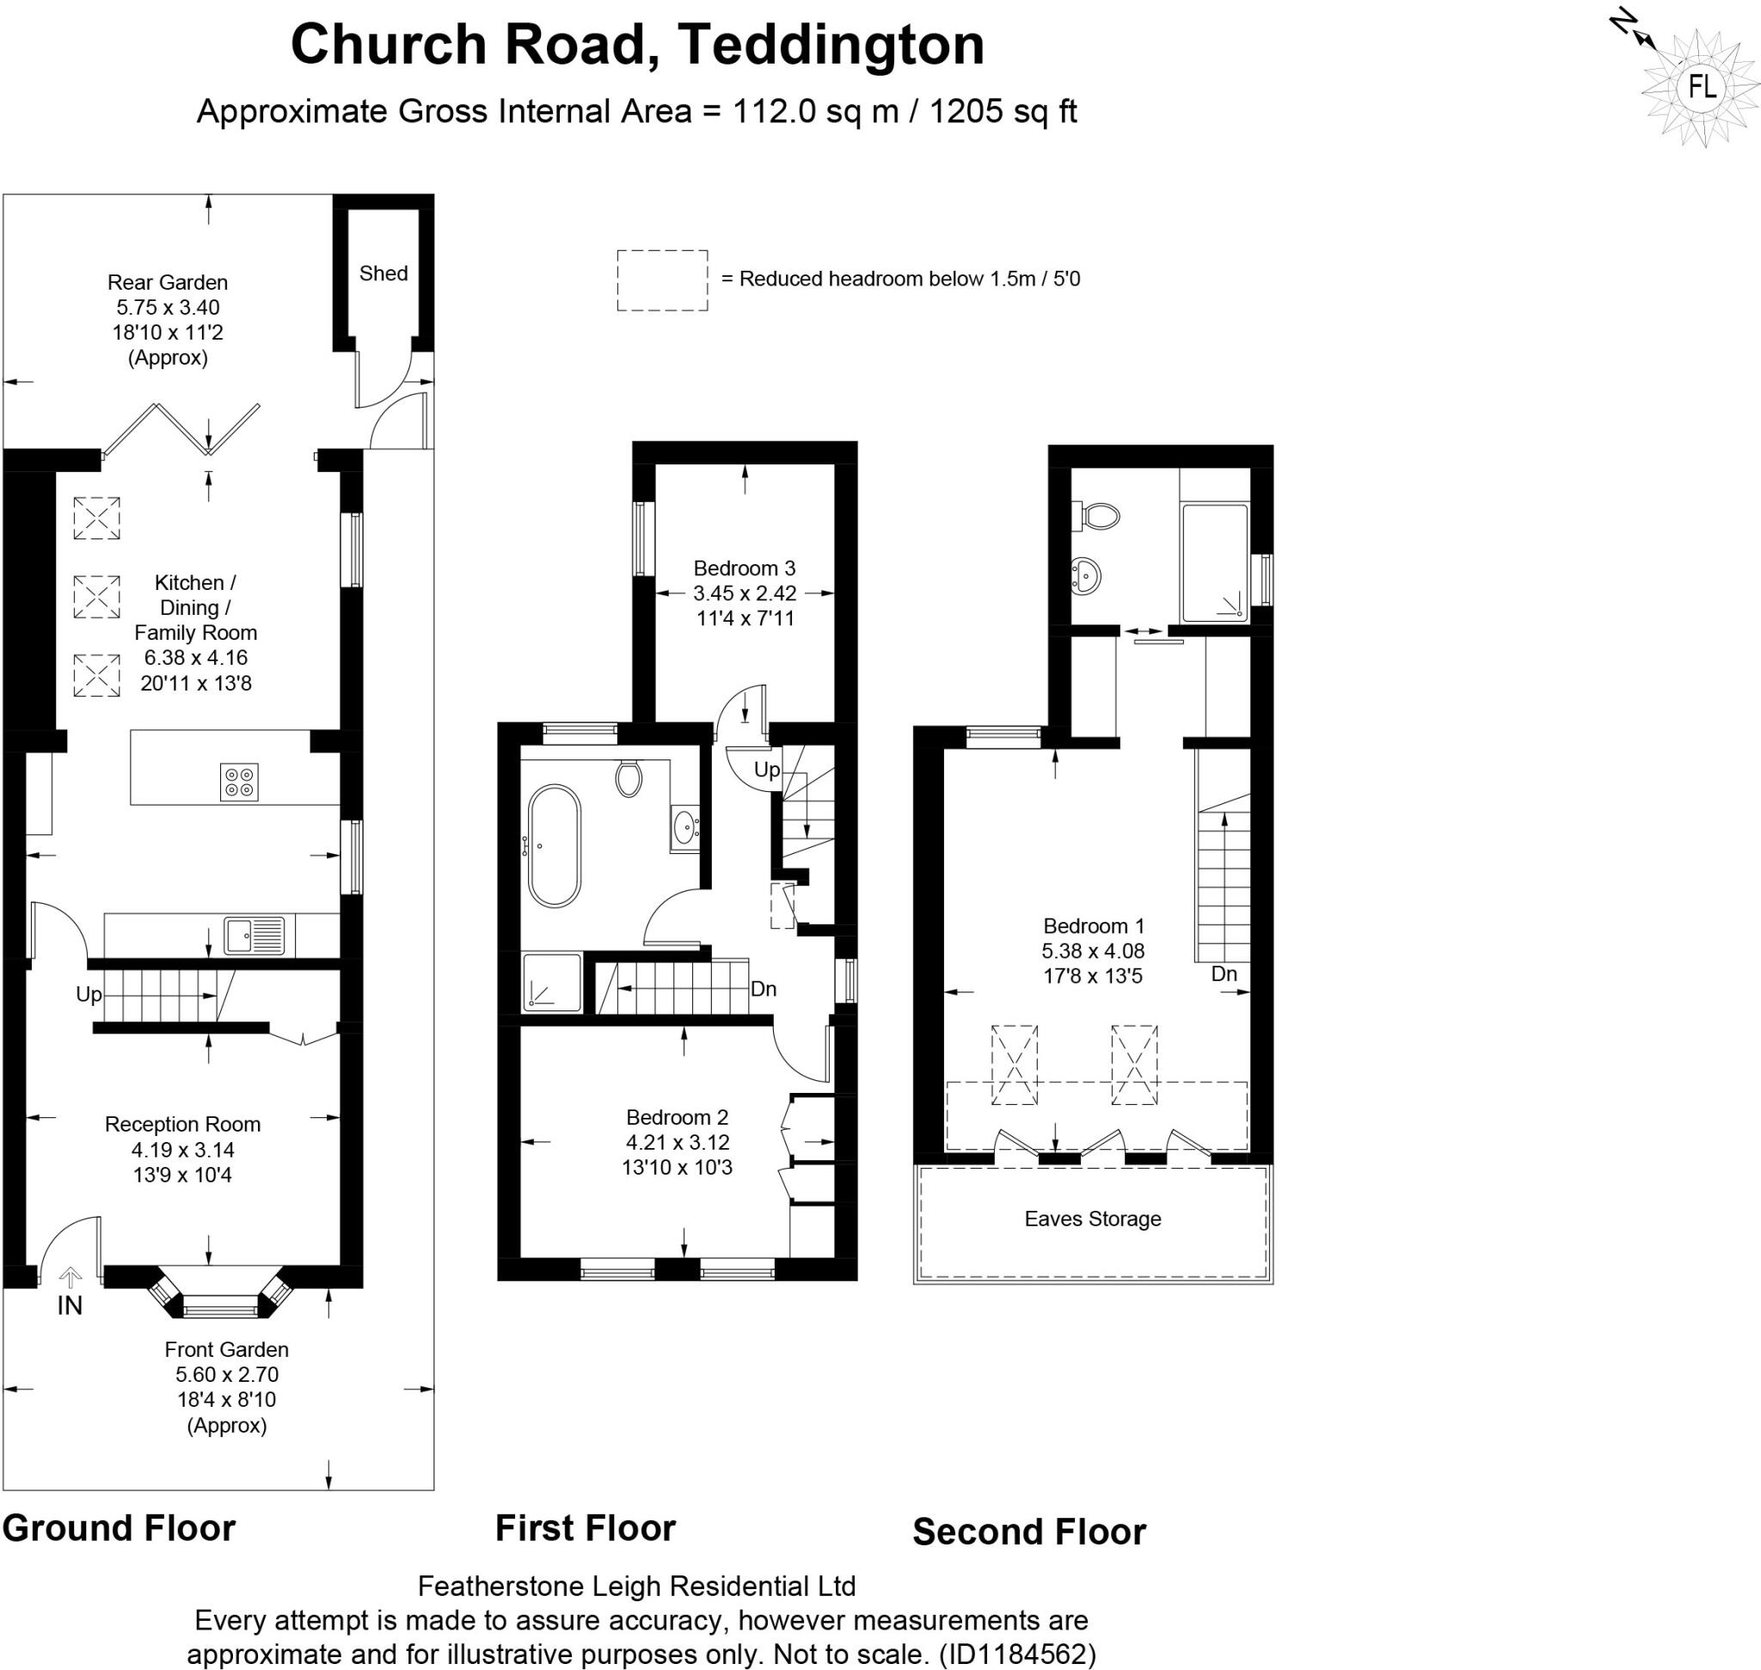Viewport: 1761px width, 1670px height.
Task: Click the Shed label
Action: click(x=383, y=273)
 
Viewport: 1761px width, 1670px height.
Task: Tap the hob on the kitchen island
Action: click(x=238, y=782)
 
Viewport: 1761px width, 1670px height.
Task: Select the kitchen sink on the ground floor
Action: click(x=254, y=936)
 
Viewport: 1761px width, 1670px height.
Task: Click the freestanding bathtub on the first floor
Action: click(x=554, y=845)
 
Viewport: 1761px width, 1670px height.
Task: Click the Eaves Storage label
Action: click(x=1092, y=1219)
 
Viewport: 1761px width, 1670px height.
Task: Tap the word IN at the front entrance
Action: click(x=70, y=1305)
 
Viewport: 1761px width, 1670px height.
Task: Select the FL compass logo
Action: click(x=1702, y=87)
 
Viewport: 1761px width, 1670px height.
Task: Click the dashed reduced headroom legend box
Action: click(x=662, y=280)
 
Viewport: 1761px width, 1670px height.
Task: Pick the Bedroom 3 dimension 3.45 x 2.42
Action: click(x=745, y=592)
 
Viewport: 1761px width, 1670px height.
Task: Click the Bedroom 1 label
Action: click(x=1093, y=926)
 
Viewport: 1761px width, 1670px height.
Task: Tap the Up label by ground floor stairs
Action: click(x=89, y=994)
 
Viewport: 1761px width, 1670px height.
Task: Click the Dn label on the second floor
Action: click(x=1224, y=973)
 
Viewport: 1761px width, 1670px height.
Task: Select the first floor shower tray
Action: click(x=552, y=982)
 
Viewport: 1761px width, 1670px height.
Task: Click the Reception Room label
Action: click(x=182, y=1124)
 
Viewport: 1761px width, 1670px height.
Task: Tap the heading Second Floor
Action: click(x=1028, y=1532)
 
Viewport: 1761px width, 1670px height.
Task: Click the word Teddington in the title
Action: click(x=830, y=45)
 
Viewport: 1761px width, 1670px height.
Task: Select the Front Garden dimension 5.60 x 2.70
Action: click(x=226, y=1374)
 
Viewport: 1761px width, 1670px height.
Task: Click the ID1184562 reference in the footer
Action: click(x=1016, y=1653)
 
